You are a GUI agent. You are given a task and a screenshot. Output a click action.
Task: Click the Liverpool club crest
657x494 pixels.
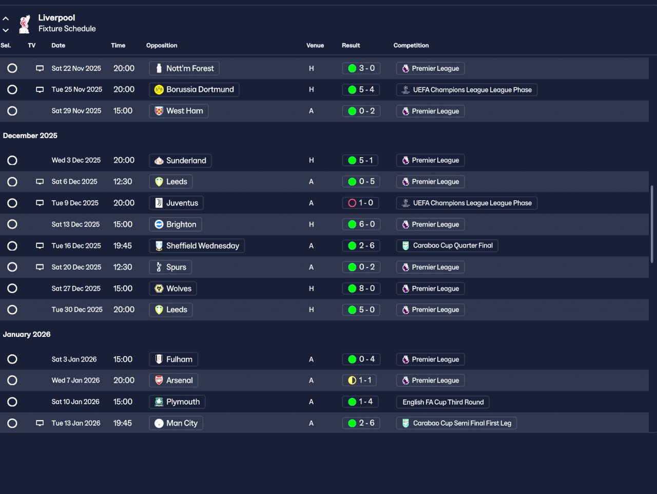(x=24, y=24)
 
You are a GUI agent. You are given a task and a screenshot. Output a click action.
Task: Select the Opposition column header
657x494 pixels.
(x=162, y=45)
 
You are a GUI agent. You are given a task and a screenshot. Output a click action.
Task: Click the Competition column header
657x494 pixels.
(x=411, y=45)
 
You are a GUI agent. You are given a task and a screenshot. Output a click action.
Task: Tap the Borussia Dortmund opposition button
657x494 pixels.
(x=194, y=90)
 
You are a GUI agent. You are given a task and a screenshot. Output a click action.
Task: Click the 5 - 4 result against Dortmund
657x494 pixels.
(x=361, y=90)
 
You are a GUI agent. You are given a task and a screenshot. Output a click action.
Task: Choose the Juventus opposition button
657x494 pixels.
(x=176, y=203)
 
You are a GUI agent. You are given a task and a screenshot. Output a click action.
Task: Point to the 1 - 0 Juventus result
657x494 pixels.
(x=361, y=203)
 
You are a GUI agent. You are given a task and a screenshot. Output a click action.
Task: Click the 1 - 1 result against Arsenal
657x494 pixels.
(x=361, y=381)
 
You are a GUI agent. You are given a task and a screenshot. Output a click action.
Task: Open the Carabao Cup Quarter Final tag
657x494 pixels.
(x=447, y=246)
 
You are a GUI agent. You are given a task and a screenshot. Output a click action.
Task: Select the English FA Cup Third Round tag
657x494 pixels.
(x=442, y=402)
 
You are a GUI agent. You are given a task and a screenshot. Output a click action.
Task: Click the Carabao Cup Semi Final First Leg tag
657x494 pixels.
(x=456, y=423)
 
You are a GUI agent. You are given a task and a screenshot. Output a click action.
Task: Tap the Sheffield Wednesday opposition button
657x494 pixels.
(x=197, y=246)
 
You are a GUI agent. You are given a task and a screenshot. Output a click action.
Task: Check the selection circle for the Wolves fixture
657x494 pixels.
(x=12, y=289)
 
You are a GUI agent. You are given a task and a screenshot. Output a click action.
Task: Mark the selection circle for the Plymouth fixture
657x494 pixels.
(x=12, y=402)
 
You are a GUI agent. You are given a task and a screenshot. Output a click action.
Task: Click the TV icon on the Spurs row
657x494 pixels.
(x=40, y=267)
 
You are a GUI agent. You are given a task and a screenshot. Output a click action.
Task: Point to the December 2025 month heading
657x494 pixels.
(x=30, y=136)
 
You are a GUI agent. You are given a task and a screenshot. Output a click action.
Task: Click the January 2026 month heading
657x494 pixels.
(x=27, y=334)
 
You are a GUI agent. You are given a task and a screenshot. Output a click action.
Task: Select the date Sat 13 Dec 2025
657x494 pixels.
(x=75, y=224)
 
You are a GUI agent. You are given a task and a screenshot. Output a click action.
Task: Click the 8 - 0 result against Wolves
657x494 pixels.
(x=361, y=289)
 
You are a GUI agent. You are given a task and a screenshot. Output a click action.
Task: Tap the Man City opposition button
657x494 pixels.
(x=176, y=423)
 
